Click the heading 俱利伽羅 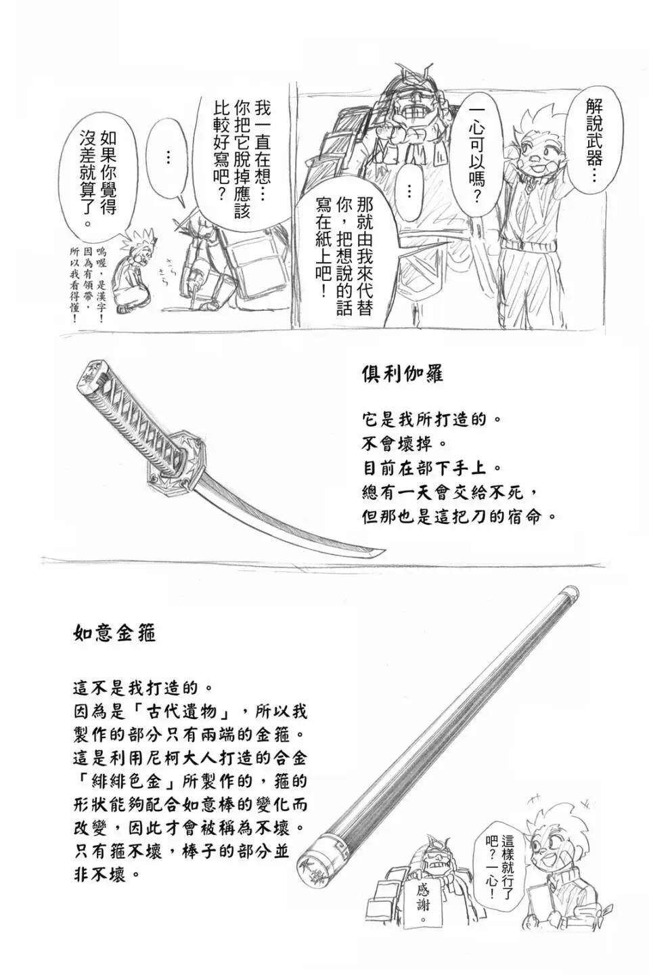(403, 374)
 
